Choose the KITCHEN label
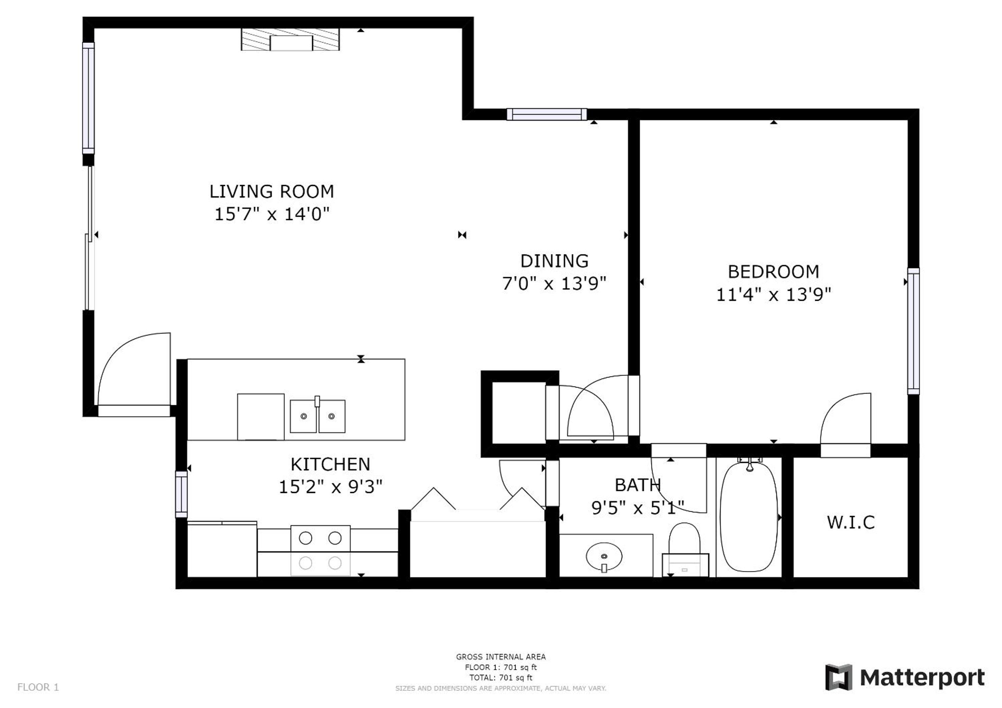330,464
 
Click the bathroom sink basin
604,557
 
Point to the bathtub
749,516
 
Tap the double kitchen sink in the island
317,416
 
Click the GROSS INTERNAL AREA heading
500,656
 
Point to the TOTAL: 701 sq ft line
500,678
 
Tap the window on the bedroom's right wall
913,331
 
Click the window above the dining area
547,114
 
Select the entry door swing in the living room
134,374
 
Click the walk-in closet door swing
845,425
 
